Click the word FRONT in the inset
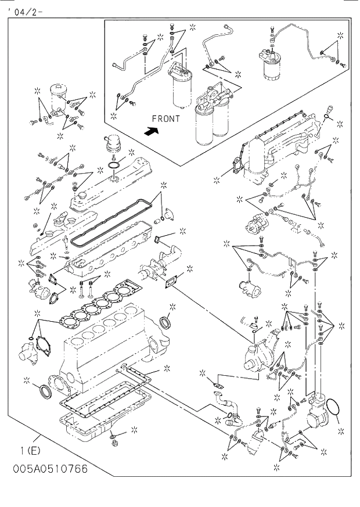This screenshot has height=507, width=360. (165, 118)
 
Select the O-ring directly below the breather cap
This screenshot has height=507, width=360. (114, 167)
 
